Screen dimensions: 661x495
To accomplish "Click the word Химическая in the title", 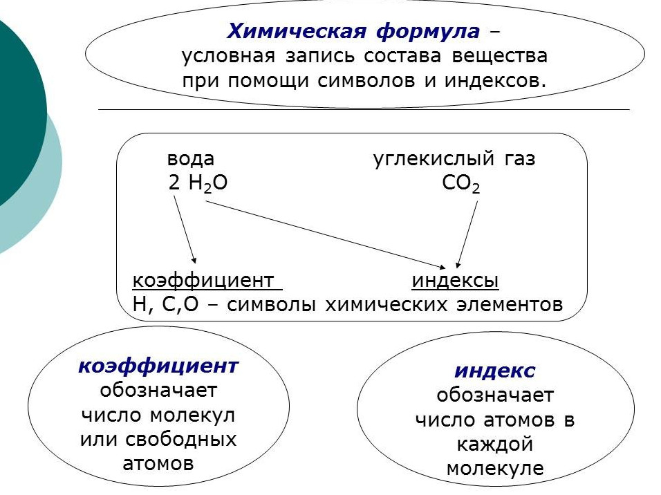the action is pos(297,31).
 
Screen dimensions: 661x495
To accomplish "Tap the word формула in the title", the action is pos(427,32).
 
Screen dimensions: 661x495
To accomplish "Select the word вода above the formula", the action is pos(191,159).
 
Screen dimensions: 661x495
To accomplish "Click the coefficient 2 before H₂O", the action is pos(174,183).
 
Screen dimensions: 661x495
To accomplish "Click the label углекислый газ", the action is pos(454,160).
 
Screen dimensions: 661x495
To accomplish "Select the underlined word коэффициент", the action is pos(203,281).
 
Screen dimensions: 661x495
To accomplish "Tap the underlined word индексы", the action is pos(455,281).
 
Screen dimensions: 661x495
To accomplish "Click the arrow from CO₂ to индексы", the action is pos(467,234).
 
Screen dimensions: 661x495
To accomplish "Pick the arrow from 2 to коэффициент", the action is pos(185,230).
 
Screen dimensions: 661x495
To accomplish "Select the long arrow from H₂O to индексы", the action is pos(326,235).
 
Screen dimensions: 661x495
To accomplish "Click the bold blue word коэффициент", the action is pos(158,366).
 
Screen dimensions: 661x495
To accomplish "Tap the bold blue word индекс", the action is pos(495,371).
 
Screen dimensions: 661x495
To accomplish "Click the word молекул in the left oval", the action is pos(192,415).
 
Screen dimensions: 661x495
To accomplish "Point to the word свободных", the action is pos(181,439).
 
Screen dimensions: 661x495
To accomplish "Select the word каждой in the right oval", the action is pos(495,445).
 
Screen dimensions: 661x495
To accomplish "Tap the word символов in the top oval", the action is pos(366,80).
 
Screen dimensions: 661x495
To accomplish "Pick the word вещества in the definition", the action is pos(499,57).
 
